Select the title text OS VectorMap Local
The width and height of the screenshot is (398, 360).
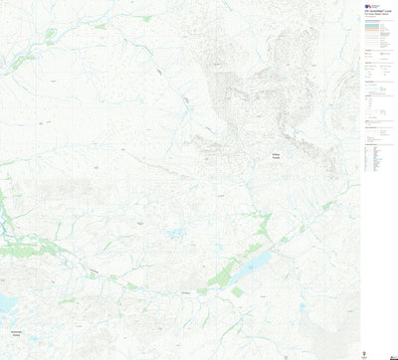[x=380, y=8]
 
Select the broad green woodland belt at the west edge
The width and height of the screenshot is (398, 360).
[x=8, y=214]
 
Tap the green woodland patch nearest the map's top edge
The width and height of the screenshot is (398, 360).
[x=146, y=18]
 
